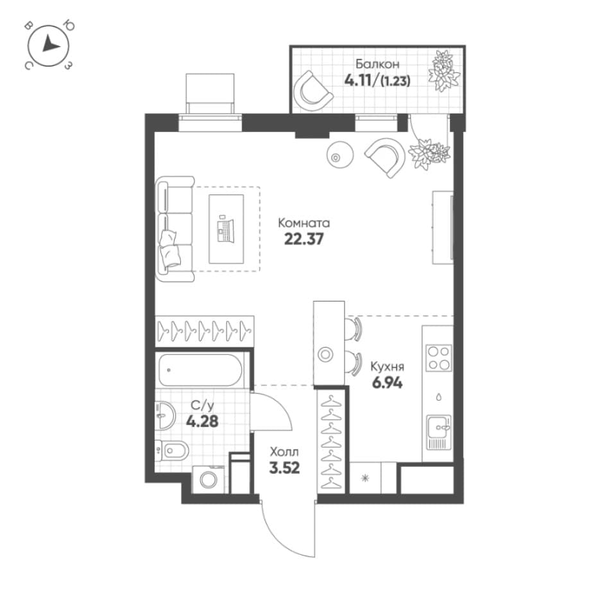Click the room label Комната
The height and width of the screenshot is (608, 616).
304,223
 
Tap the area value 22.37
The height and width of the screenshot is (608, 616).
304,239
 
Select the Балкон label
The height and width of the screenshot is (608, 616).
377,63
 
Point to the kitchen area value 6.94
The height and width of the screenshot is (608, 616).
388,382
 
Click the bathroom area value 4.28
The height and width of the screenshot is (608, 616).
202,421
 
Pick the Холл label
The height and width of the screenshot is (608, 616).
284,452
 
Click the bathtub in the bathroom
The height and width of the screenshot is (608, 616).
200,370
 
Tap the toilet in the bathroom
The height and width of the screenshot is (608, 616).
172,450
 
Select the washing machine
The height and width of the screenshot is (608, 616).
208,479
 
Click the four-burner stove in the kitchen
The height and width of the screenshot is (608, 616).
439,359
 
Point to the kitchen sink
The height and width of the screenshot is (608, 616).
439,432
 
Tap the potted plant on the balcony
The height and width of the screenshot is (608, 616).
444,71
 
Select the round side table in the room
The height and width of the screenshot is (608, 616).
340,155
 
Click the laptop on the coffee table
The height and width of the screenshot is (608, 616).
225,230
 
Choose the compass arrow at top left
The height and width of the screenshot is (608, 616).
51,44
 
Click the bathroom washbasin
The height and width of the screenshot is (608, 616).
165,416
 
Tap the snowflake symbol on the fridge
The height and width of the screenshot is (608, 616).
365,478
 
